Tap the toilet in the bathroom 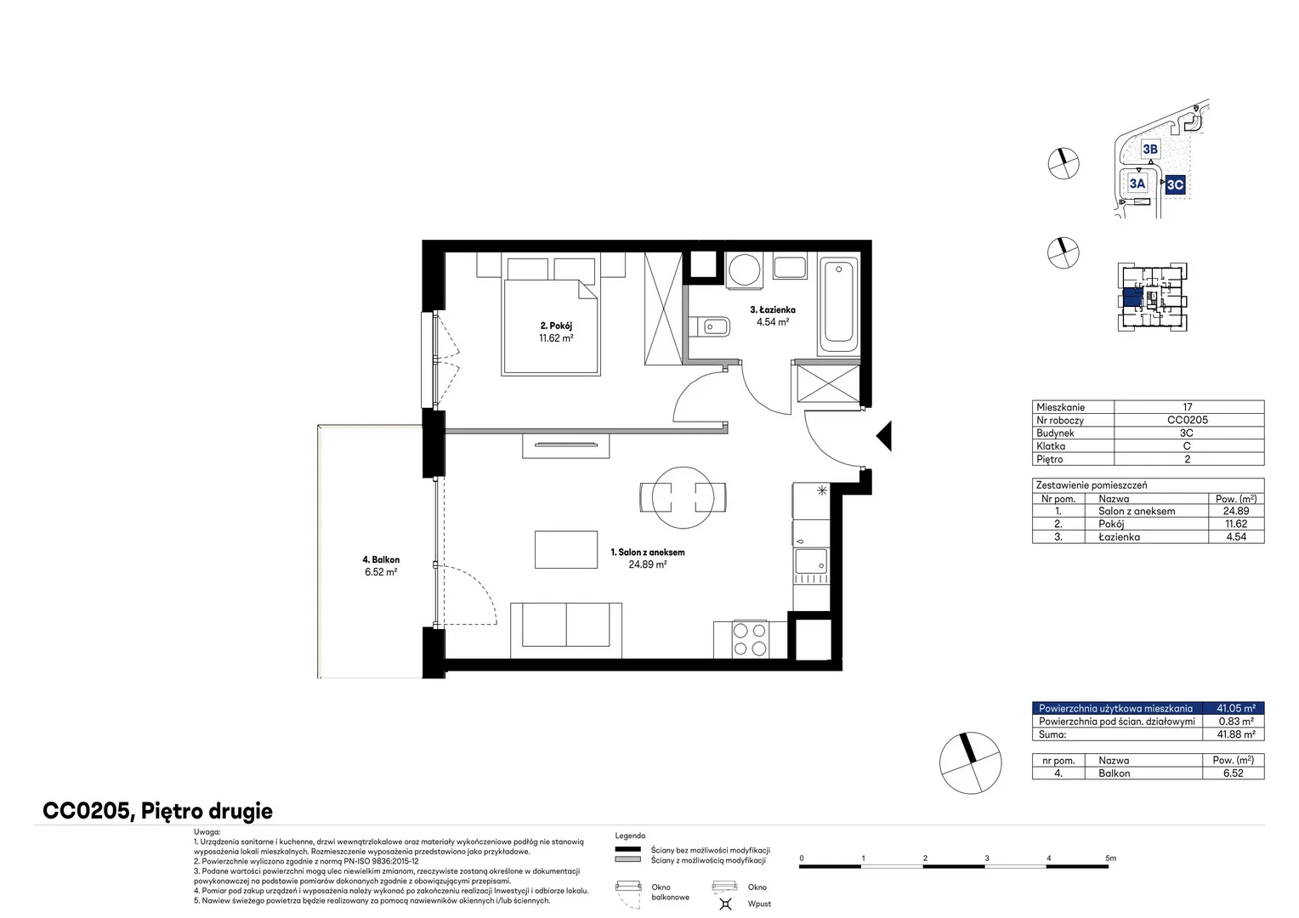(709, 326)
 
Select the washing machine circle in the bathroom (745, 270)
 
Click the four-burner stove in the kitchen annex (750, 640)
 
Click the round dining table (683, 497)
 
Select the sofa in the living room (566, 631)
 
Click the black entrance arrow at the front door (884, 435)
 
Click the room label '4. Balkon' (381, 559)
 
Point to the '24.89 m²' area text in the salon (648, 564)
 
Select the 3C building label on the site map (1175, 185)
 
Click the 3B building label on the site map (1150, 149)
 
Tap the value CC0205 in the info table (1187, 420)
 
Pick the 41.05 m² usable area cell (1236, 708)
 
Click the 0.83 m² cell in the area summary (1236, 722)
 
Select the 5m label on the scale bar (1110, 858)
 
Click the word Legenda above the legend (630, 836)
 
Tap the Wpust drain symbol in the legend (725, 904)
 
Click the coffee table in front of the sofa (566, 549)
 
